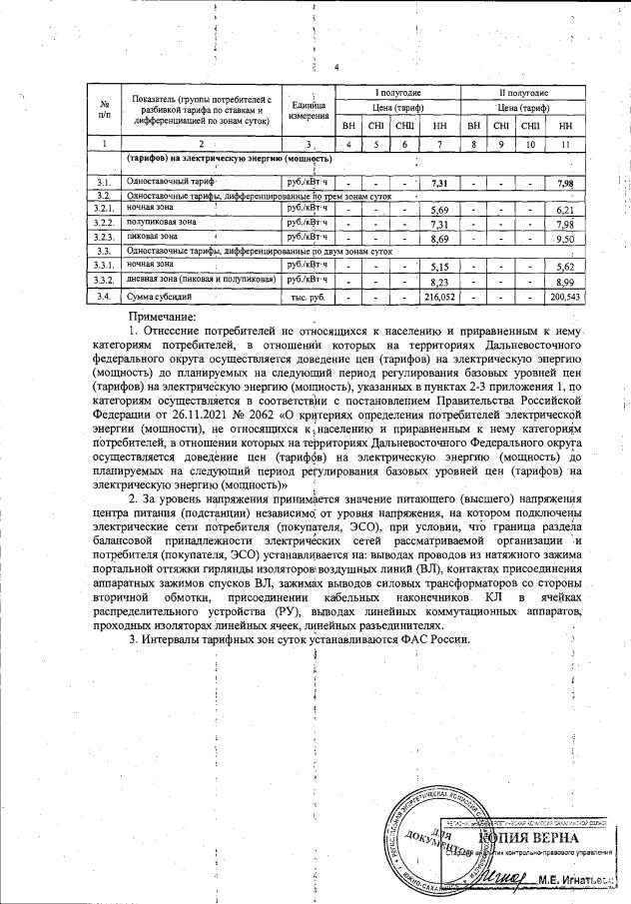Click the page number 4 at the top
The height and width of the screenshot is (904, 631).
click(337, 68)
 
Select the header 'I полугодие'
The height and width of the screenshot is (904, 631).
click(396, 92)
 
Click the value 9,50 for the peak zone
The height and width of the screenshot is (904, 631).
click(565, 241)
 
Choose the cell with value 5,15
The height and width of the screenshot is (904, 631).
click(435, 269)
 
